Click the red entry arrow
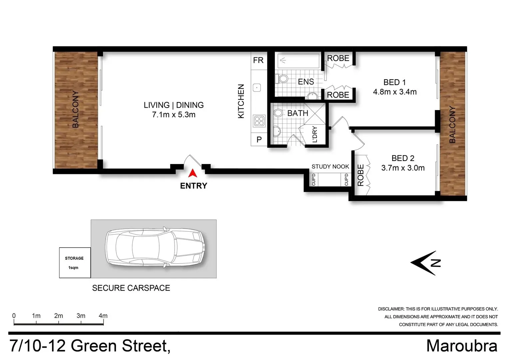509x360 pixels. coord(193,173)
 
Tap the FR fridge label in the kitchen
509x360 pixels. coord(258,60)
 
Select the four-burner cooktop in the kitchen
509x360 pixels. coord(259,121)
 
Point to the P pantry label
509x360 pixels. coord(259,140)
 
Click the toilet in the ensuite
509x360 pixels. coord(282,79)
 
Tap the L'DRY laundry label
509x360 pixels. coord(315,134)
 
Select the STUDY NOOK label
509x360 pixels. coord(330,167)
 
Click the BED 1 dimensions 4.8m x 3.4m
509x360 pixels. coord(395,92)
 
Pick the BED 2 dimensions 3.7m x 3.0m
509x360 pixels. coord(403,168)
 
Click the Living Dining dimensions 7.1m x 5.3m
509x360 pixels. coord(174,115)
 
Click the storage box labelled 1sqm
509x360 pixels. coord(75,263)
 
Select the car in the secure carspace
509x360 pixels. coord(155,248)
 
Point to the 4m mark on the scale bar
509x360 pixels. coord(103,316)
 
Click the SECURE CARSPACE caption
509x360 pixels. coord(131,288)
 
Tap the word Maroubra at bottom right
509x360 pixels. coord(462,346)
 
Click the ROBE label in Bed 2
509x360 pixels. coord(361,175)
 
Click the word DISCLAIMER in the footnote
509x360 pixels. coord(391,309)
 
